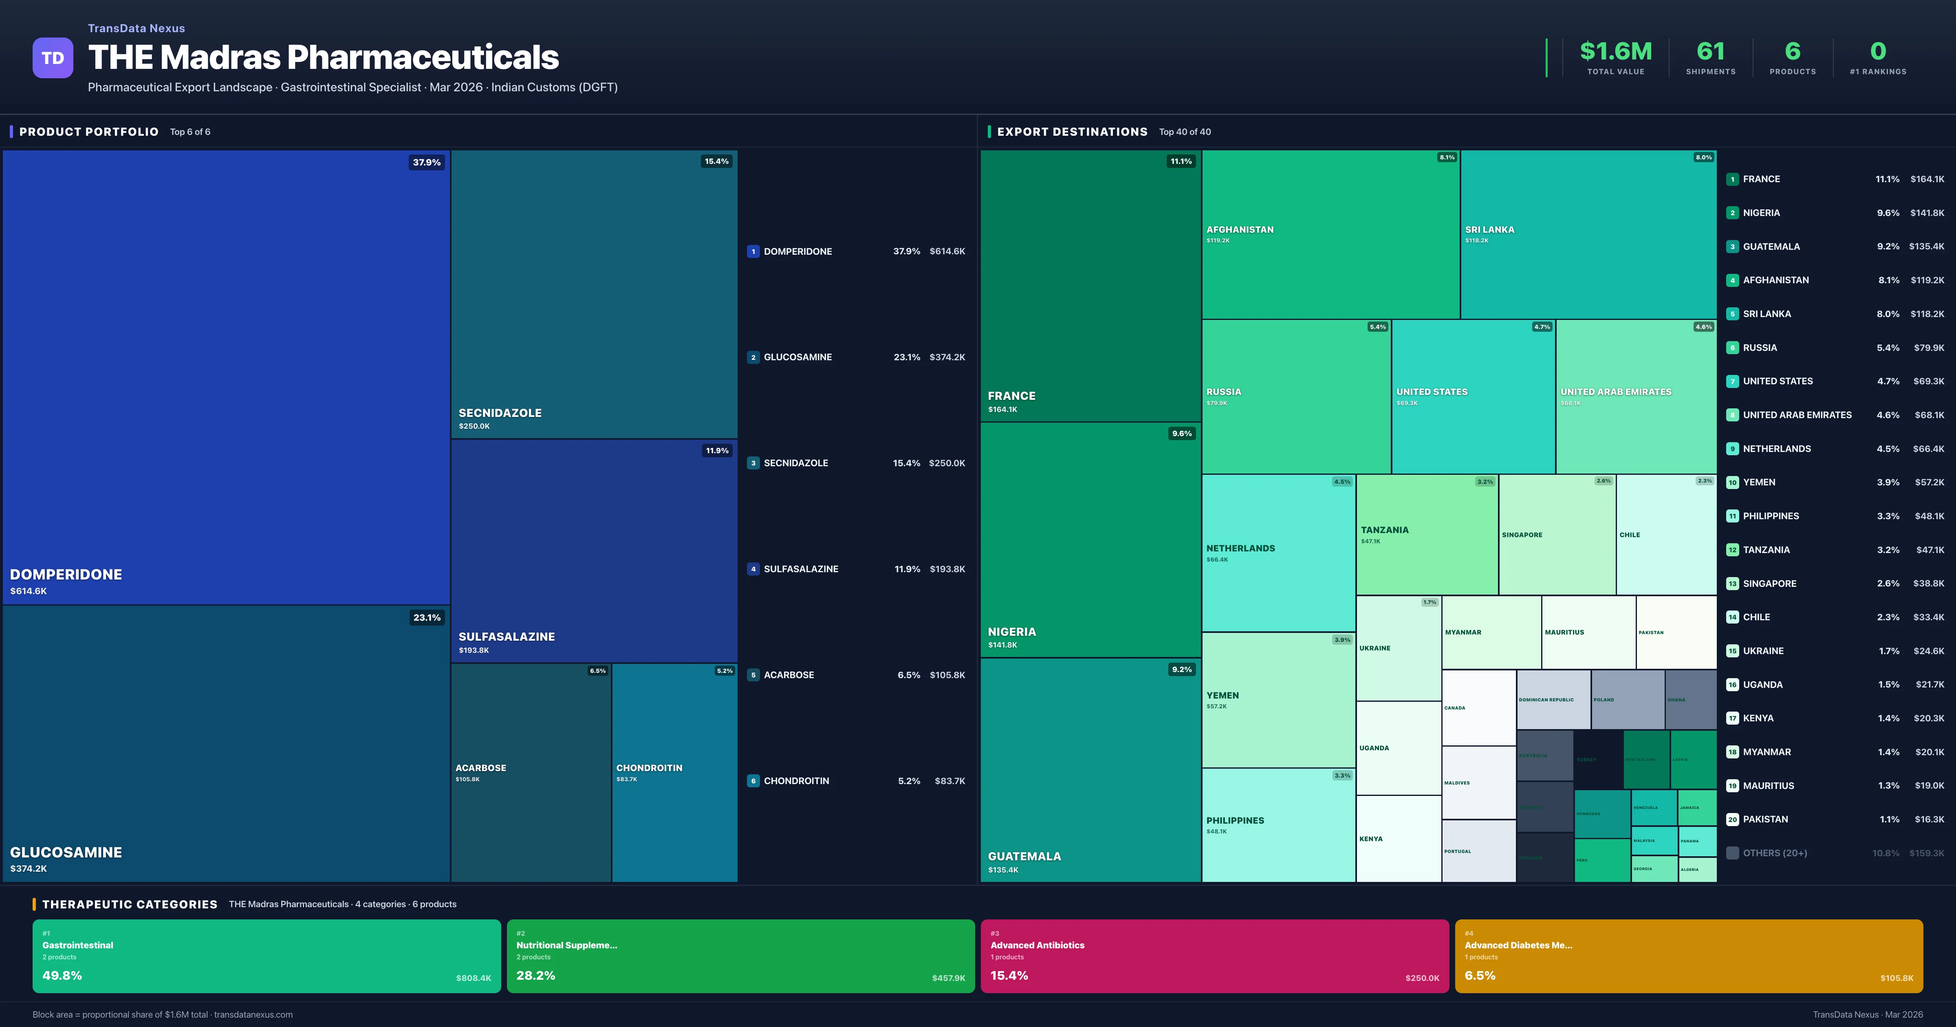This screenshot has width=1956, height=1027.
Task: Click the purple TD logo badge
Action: click(53, 58)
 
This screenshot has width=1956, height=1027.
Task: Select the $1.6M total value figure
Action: click(1615, 52)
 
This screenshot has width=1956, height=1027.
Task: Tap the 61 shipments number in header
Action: click(1710, 52)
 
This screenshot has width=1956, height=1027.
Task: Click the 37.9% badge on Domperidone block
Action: click(426, 163)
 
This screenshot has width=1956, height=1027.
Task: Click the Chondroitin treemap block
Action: click(674, 773)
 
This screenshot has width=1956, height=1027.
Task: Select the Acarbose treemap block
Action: click(531, 773)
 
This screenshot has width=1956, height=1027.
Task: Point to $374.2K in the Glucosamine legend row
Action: click(947, 357)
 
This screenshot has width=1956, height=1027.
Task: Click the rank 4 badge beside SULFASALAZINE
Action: click(753, 569)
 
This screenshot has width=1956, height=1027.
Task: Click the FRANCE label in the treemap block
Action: click(1011, 396)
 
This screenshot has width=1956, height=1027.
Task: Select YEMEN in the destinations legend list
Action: click(1759, 483)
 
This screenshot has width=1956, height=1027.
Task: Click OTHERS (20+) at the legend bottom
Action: click(1775, 853)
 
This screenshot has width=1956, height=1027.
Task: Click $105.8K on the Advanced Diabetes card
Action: click(1896, 979)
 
